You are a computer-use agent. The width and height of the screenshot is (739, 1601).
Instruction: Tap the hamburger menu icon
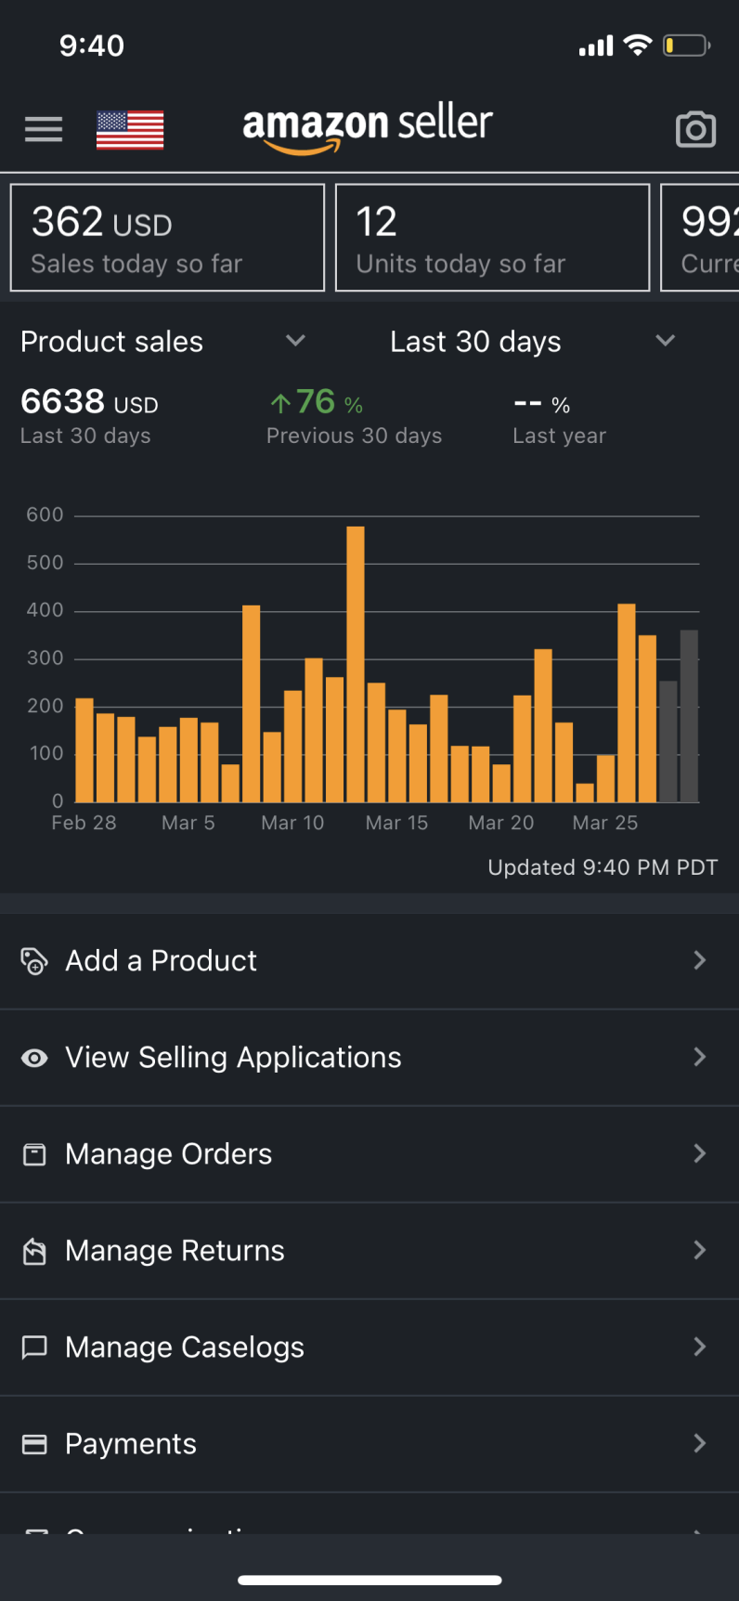[44, 129]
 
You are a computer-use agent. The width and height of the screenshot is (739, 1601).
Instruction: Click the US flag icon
[130, 130]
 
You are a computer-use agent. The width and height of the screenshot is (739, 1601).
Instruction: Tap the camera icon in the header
[695, 130]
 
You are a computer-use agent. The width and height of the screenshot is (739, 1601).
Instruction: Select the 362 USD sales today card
[167, 238]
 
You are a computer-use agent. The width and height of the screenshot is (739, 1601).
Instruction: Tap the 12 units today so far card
[492, 238]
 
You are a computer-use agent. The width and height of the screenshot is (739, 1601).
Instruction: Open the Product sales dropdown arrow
[295, 341]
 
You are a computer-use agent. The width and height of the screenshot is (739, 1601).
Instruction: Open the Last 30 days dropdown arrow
[665, 341]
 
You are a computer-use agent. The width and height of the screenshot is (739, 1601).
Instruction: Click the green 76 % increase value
[317, 402]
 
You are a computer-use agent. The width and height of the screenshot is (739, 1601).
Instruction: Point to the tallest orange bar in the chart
[356, 664]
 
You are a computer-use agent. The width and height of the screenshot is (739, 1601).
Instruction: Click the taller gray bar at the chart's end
[689, 715]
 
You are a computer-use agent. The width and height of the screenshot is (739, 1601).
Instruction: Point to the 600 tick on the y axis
[45, 514]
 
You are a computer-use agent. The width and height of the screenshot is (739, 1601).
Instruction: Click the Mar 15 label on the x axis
[396, 823]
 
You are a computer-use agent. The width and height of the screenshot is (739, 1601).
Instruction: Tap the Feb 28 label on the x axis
[84, 823]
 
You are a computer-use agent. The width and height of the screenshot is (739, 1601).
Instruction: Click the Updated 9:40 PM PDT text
[603, 867]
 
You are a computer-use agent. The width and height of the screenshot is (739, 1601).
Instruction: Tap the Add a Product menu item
[161, 960]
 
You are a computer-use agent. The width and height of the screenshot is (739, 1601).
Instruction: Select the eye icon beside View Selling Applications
[34, 1058]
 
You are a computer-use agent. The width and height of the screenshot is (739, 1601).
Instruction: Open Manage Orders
[168, 1153]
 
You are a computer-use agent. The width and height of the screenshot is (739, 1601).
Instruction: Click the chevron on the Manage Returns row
[700, 1250]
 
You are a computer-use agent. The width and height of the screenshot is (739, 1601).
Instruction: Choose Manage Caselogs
[184, 1347]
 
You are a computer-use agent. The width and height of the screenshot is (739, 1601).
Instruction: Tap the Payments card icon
[34, 1444]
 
